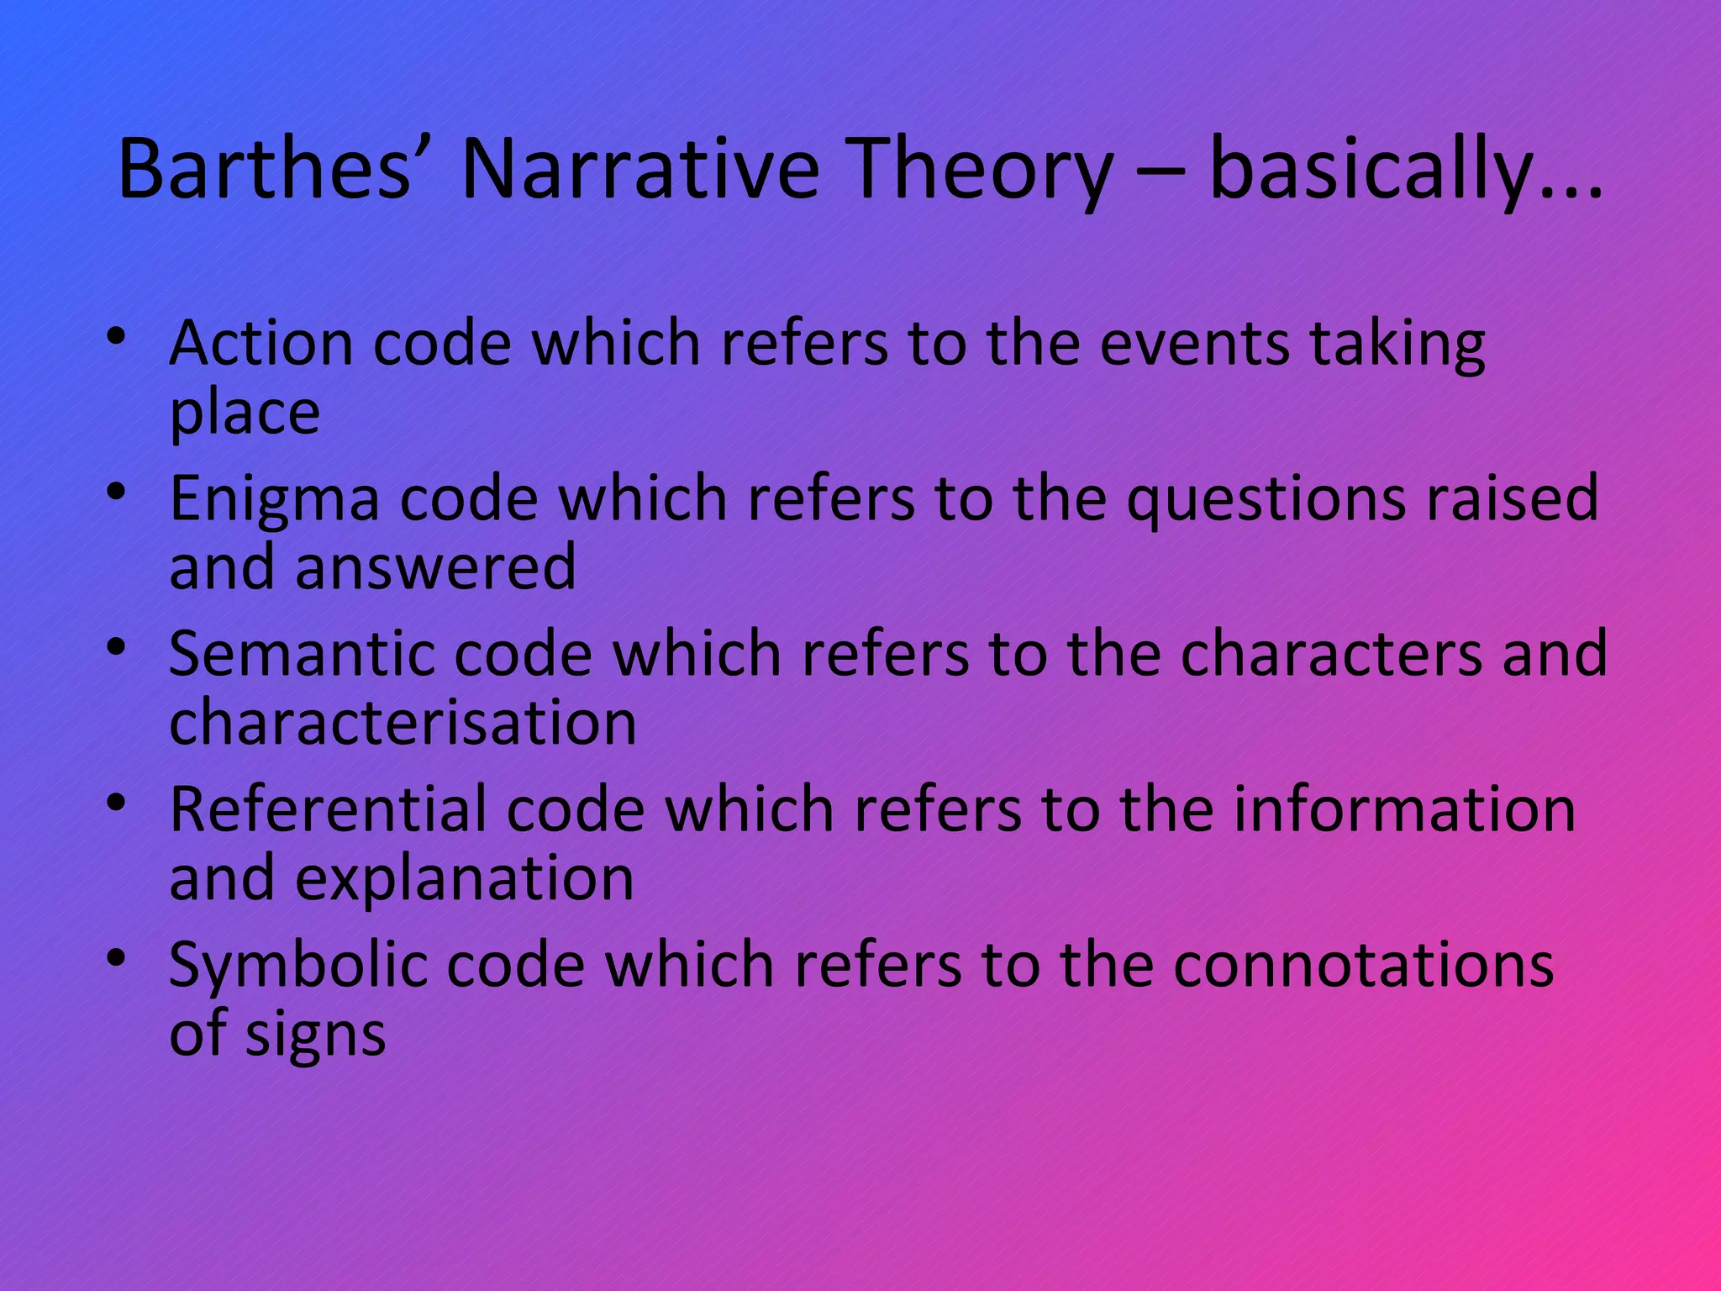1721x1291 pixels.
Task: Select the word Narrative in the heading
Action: [639, 170]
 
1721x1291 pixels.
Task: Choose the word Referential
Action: [327, 809]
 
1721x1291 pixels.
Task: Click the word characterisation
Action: [403, 722]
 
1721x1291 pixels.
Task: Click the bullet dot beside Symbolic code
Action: [117, 956]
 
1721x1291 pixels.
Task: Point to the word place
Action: [245, 414]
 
